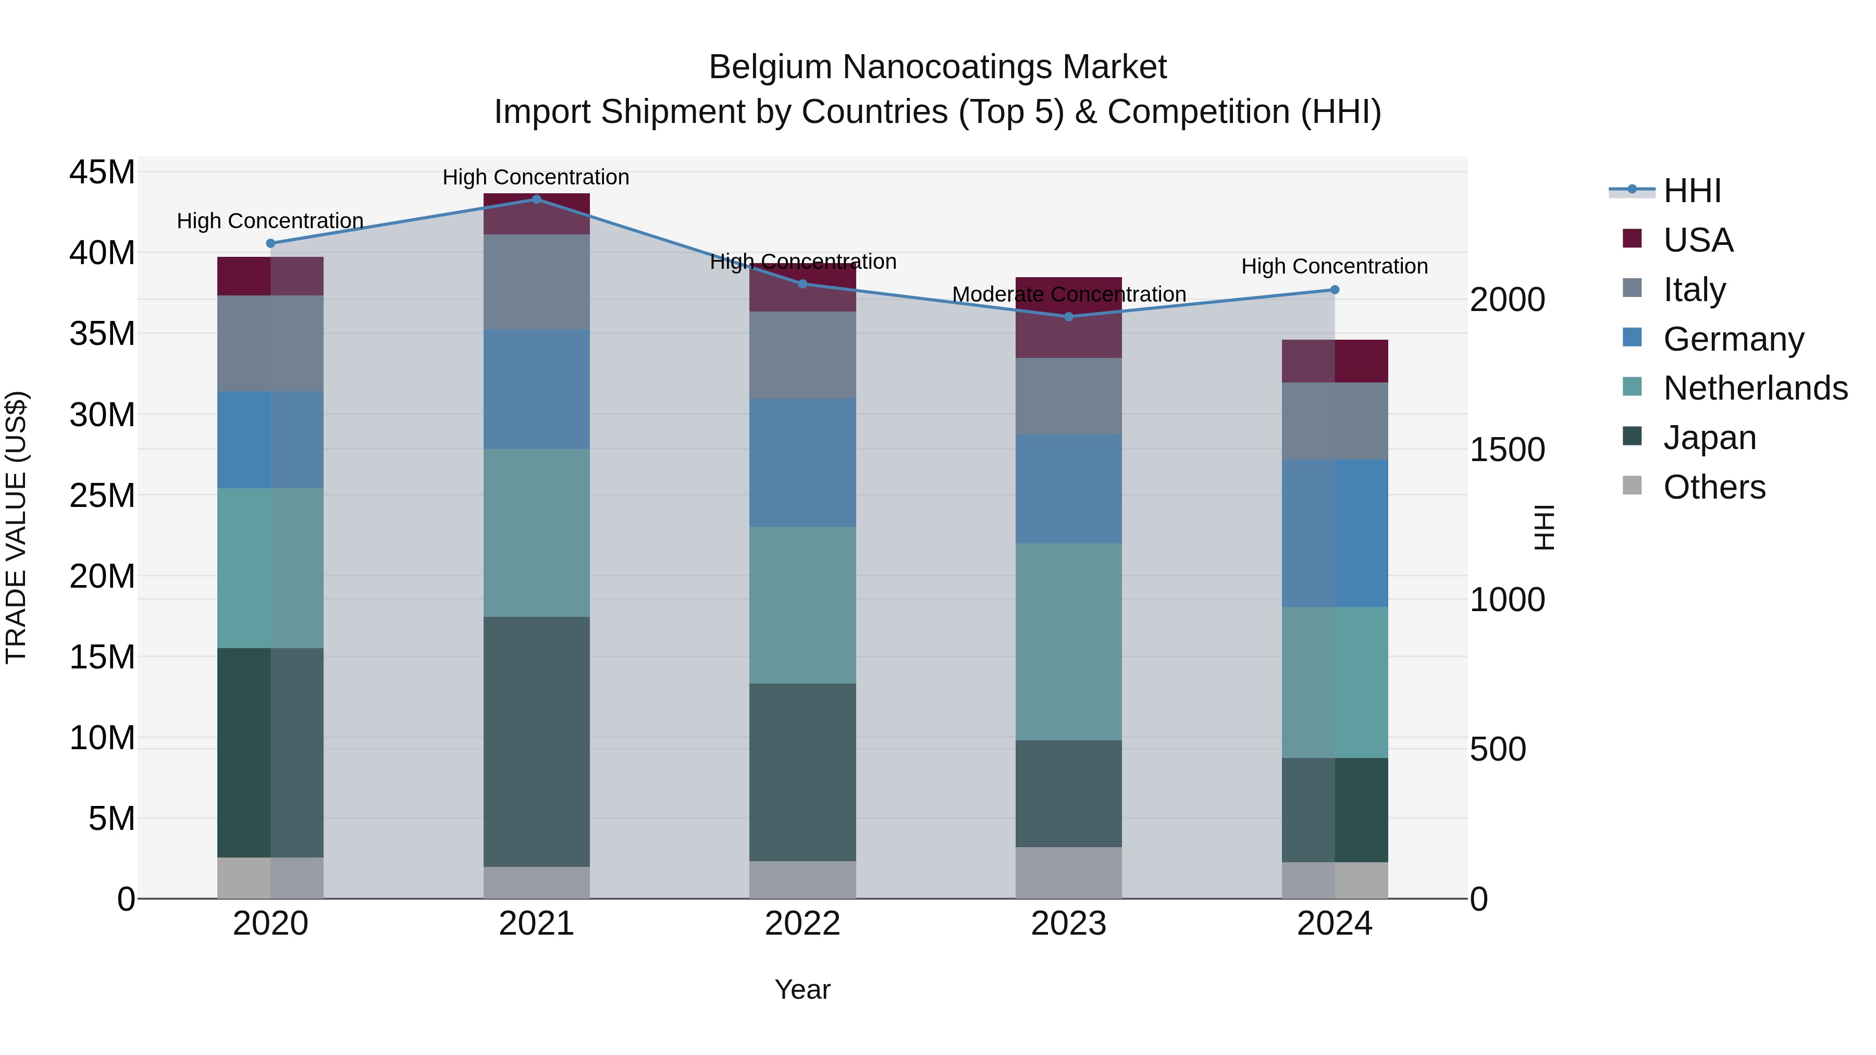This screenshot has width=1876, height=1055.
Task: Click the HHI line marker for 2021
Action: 536,199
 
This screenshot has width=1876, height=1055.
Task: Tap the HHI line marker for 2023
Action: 1068,316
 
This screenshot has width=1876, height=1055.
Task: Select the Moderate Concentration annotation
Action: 1068,294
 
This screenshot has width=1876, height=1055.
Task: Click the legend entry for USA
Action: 1697,240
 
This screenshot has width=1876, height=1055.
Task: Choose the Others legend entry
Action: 1713,487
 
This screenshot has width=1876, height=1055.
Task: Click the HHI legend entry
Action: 1691,191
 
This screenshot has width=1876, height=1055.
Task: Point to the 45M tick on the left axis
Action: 102,172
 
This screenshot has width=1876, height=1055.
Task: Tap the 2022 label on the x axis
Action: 803,924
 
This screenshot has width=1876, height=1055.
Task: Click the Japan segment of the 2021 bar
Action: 536,741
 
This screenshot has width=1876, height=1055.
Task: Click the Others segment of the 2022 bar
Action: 803,879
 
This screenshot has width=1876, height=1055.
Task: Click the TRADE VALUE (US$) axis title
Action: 16,527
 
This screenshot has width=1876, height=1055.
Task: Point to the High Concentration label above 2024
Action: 1334,266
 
